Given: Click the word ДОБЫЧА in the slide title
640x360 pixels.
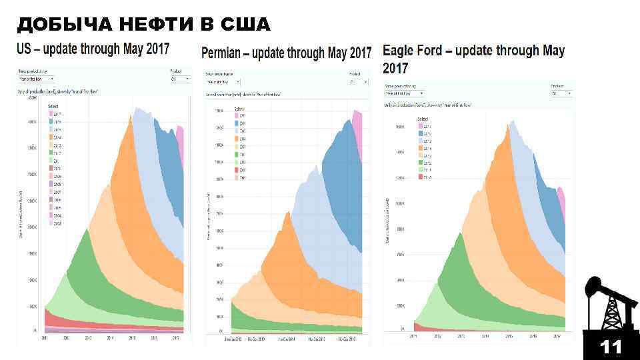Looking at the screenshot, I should point(59,25).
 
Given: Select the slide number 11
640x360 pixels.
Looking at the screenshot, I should point(610,347).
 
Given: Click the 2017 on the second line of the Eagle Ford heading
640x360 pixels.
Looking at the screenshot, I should point(396,68).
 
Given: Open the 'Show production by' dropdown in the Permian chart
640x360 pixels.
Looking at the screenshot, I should point(223,81).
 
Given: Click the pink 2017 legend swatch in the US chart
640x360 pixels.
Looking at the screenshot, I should point(51,114).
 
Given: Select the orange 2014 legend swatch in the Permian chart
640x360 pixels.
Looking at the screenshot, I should point(237,139).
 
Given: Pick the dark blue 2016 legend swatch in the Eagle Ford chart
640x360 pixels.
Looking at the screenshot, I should point(421,133).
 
